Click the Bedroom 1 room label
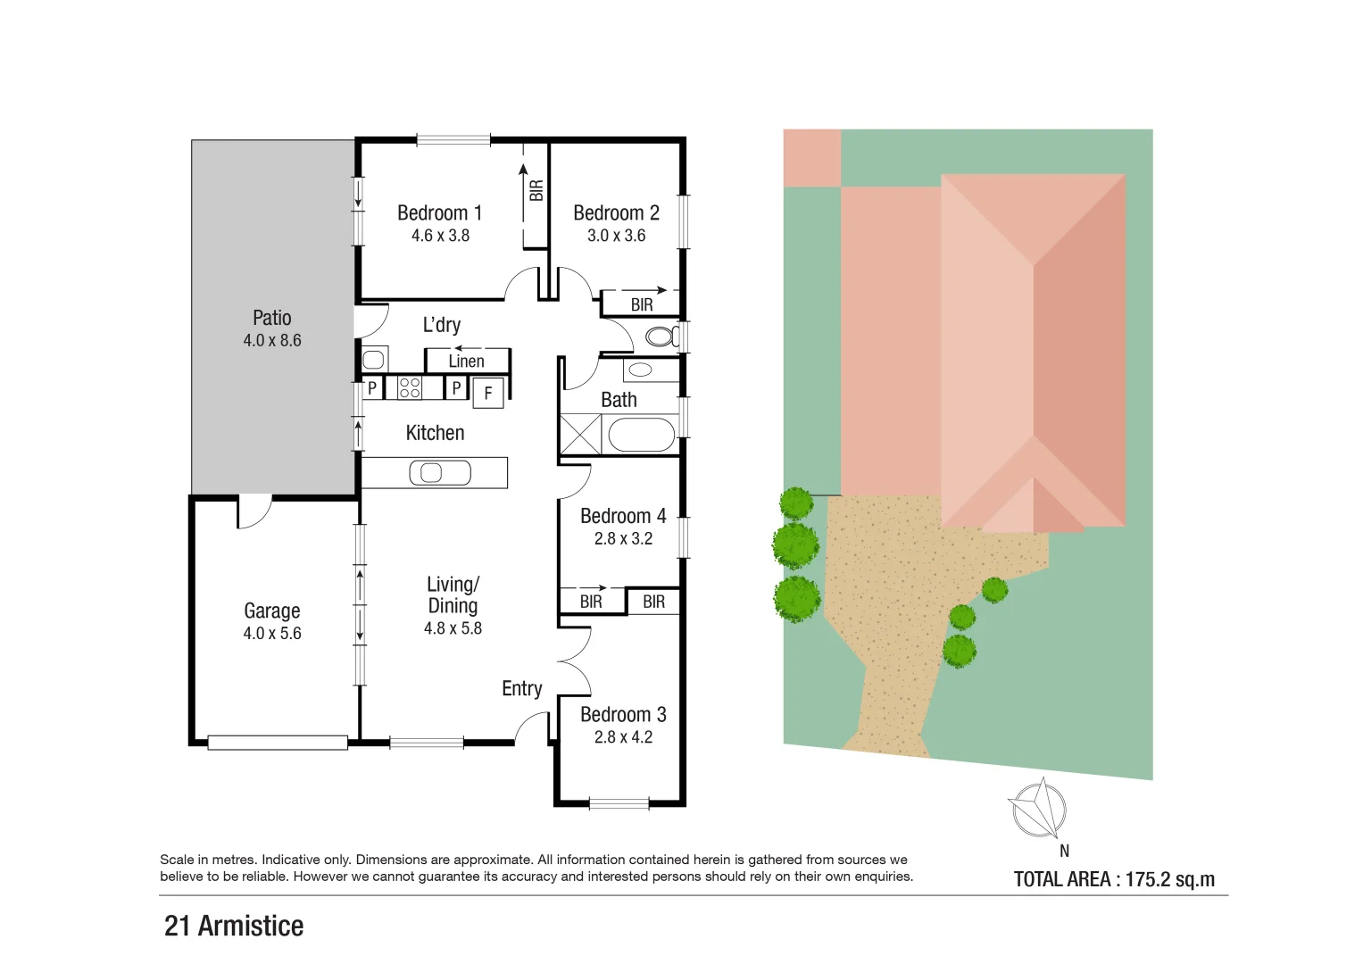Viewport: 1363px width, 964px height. tap(439, 213)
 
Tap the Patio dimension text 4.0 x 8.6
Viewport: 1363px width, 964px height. tap(272, 340)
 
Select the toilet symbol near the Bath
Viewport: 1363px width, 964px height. tap(661, 337)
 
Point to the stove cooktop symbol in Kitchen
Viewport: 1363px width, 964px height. tap(410, 387)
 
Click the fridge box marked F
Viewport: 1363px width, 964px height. tap(488, 393)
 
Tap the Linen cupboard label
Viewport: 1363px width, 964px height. tap(466, 361)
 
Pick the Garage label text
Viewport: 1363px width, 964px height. tap(272, 611)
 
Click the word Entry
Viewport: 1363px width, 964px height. tap(521, 688)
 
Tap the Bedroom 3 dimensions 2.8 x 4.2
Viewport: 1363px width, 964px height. tap(623, 737)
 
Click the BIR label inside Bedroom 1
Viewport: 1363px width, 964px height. tap(536, 190)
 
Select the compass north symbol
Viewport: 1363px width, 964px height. tap(1039, 809)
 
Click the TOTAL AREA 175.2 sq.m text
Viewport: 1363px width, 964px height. tap(1114, 879)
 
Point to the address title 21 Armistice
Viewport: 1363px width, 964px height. tap(234, 926)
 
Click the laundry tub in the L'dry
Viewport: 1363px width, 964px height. tap(373, 360)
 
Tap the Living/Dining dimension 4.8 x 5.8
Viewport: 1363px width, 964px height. tap(453, 628)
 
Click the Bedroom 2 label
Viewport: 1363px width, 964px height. tap(616, 213)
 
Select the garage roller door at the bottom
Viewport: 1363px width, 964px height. tap(277, 742)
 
